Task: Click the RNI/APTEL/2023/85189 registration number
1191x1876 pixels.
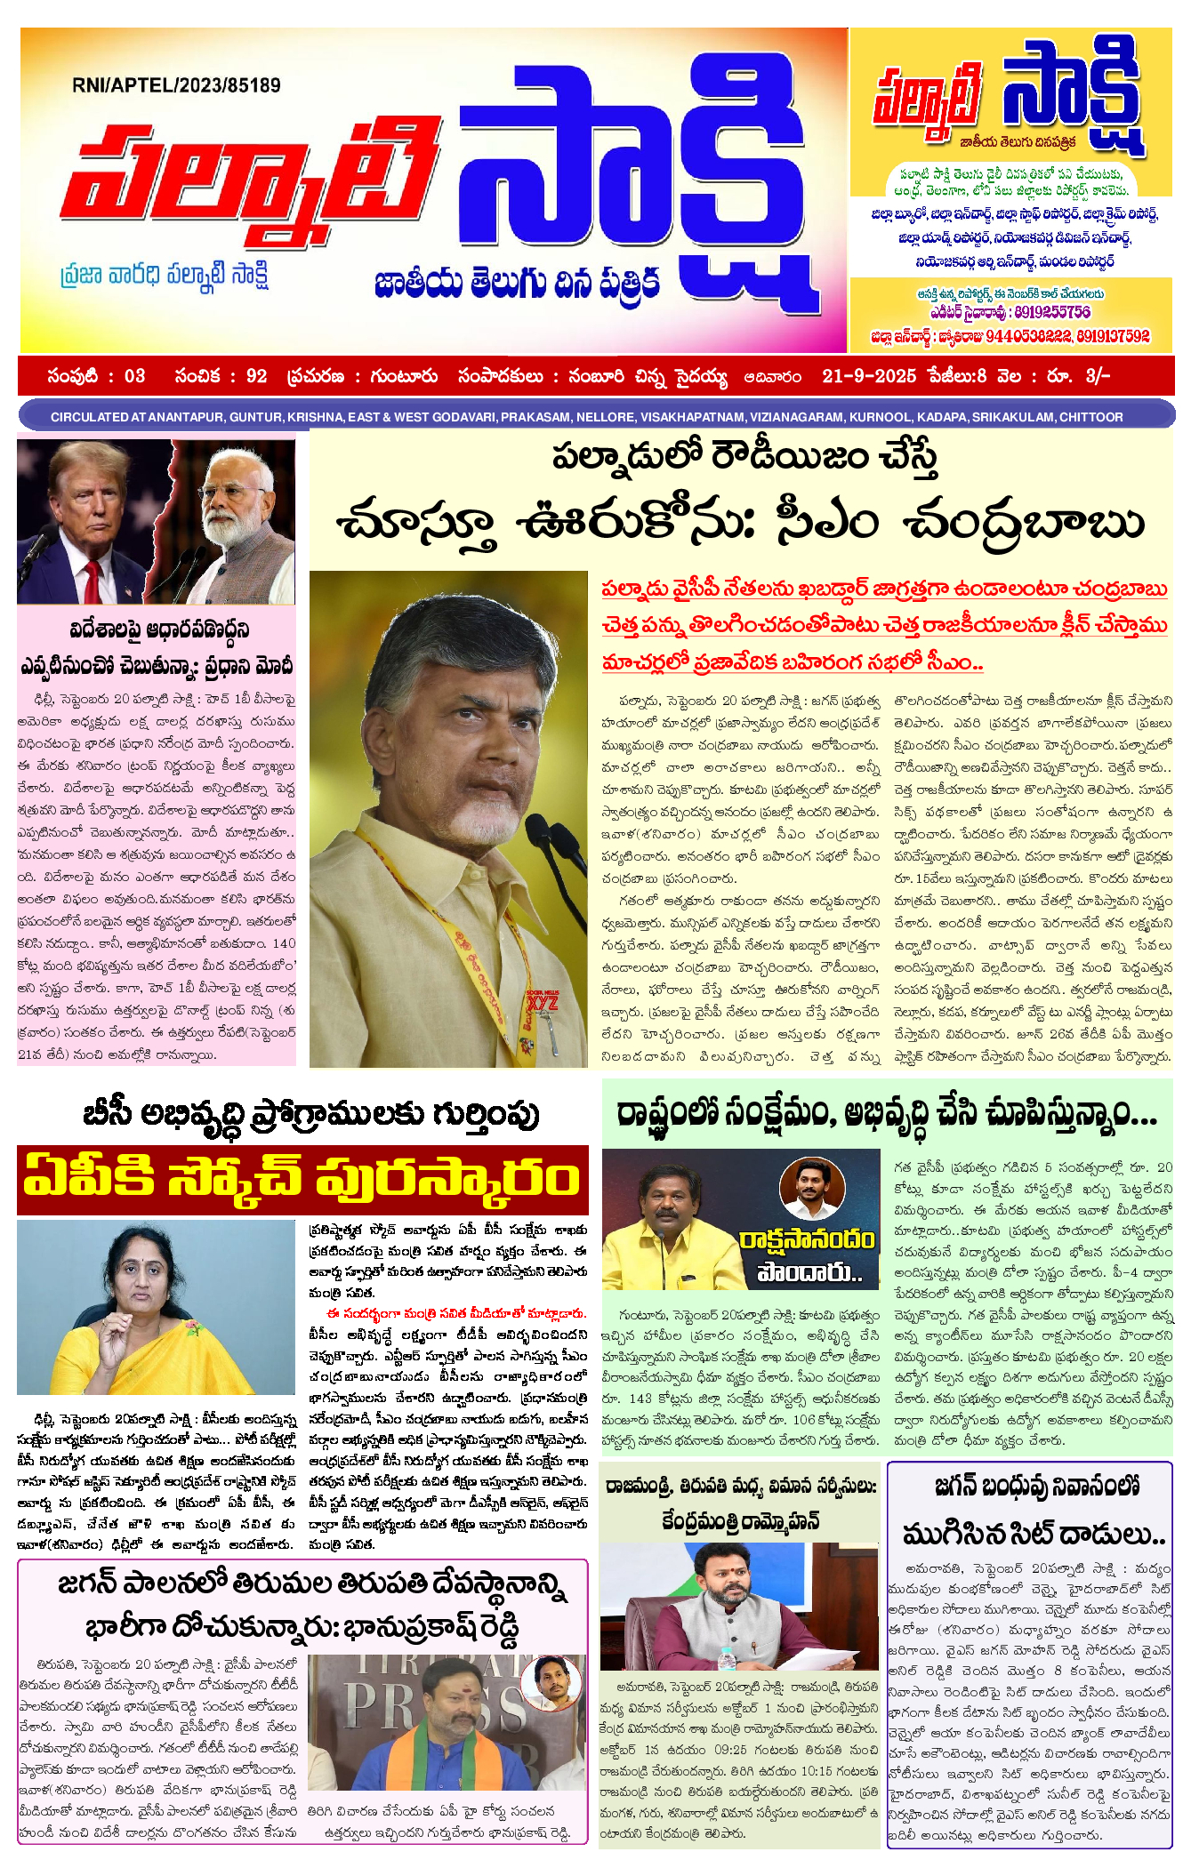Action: (176, 85)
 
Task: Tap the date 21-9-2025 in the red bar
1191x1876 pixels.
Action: (868, 376)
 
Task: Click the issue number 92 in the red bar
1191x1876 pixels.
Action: (256, 376)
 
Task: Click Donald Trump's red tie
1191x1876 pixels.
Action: (92, 580)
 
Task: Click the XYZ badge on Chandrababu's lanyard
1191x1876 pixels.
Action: (543, 1001)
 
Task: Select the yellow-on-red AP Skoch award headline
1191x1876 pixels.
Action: (302, 1180)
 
